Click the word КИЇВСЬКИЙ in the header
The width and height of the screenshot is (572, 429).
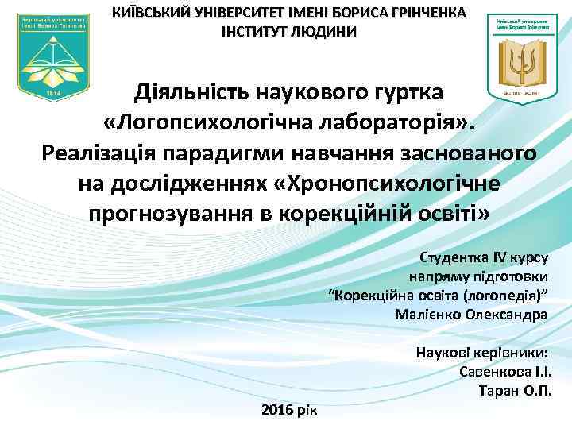(x=149, y=13)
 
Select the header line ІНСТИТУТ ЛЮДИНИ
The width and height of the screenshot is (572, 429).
(x=289, y=32)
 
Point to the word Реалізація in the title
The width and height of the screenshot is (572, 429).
(x=102, y=153)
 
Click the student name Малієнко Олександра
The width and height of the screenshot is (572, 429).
(x=470, y=314)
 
